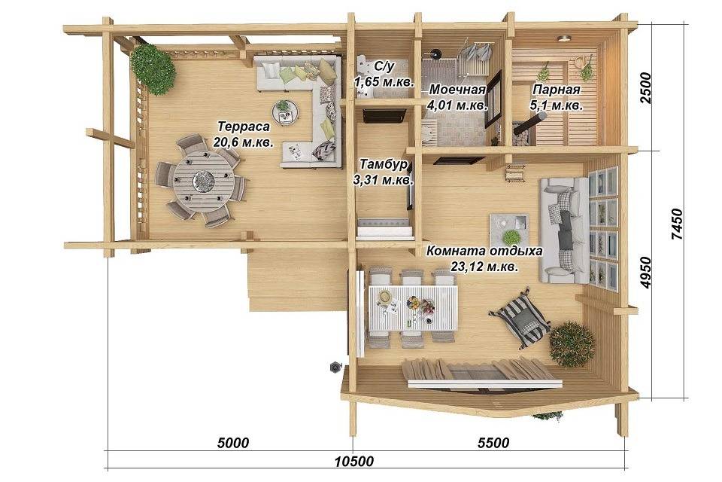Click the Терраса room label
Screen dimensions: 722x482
[243, 127]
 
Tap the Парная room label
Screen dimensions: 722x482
[557, 90]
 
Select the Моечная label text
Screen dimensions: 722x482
[457, 89]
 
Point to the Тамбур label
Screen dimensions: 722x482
[383, 164]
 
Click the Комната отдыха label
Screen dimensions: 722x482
[484, 251]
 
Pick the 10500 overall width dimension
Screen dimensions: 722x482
[354, 461]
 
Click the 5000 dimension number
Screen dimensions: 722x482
[232, 443]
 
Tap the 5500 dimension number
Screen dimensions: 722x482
[493, 443]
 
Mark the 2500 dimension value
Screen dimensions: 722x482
[647, 88]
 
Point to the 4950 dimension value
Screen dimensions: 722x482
[647, 273]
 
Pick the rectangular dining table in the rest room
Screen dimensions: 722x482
[413, 307]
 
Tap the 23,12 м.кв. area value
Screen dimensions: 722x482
[484, 267]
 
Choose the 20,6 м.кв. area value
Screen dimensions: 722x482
[243, 142]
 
